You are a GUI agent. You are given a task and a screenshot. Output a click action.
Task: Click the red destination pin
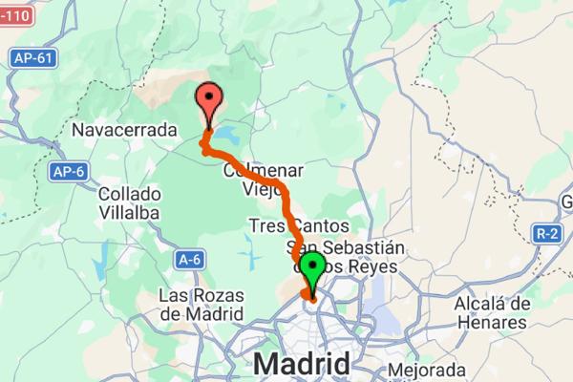pos(208,99)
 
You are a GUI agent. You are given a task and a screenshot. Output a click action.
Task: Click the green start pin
pos(312,270)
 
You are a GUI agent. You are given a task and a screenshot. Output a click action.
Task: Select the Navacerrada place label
pos(125,128)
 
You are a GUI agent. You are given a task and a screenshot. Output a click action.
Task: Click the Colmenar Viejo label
pos(263,179)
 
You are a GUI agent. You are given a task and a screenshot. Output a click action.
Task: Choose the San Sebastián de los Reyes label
pos(345,257)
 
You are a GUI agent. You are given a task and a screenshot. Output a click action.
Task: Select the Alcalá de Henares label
pos(492,313)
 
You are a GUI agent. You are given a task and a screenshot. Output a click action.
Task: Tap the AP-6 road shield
pos(68,173)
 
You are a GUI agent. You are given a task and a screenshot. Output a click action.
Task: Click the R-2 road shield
pos(544,233)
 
